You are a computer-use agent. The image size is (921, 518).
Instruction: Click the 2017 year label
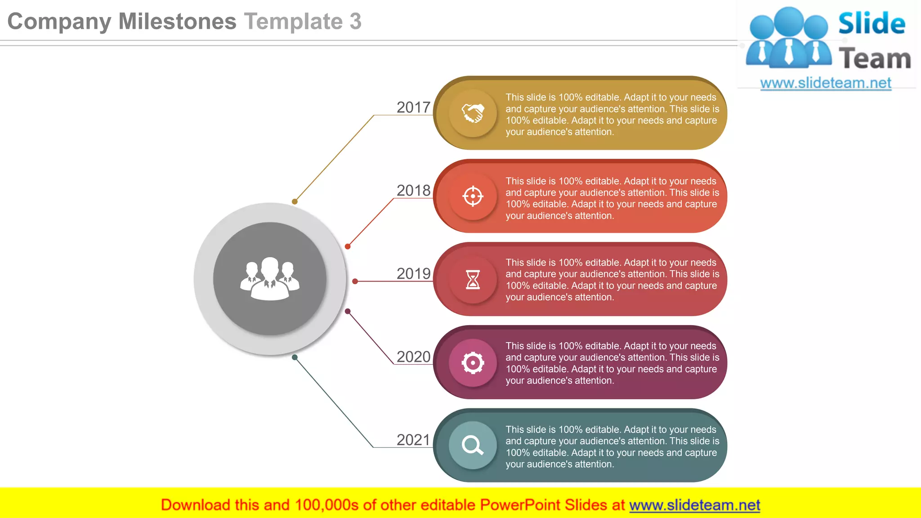click(x=413, y=107)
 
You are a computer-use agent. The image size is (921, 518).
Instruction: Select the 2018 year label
click(x=413, y=191)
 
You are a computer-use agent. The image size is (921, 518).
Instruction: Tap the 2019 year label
click(x=413, y=274)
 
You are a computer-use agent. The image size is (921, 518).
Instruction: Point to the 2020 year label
click(x=413, y=357)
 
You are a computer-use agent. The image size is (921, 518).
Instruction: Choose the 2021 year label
click(x=413, y=440)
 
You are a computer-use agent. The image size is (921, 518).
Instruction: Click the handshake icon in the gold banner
click(x=473, y=113)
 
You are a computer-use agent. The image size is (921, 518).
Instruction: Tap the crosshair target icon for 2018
click(x=473, y=196)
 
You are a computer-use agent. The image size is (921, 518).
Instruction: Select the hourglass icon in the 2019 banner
click(x=473, y=280)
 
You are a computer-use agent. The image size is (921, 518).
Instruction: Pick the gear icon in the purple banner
click(x=473, y=363)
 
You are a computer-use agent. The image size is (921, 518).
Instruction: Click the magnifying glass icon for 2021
click(x=473, y=446)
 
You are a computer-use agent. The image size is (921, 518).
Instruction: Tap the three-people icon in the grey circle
click(x=270, y=279)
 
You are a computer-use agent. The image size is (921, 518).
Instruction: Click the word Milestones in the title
click(x=177, y=22)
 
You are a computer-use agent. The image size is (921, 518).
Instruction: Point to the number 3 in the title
click(x=356, y=22)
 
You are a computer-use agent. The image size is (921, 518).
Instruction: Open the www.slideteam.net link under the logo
click(x=826, y=83)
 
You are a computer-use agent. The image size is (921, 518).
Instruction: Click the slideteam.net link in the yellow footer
click(x=694, y=505)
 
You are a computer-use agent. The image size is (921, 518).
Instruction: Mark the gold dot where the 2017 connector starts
click(x=295, y=201)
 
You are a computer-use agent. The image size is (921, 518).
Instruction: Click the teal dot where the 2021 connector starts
click(x=295, y=357)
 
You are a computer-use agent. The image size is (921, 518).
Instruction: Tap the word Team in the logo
click(x=875, y=59)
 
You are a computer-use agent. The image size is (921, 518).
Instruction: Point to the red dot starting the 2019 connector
click(x=355, y=281)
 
